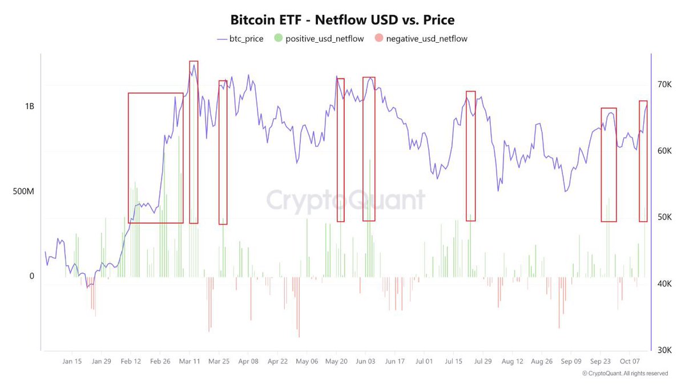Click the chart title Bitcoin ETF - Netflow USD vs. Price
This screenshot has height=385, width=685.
coord(342,20)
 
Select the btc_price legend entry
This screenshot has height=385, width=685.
coord(239,39)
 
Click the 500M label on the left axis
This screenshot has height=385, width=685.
coord(23,192)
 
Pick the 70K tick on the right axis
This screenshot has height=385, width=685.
coord(664,84)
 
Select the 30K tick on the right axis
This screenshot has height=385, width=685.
coord(664,350)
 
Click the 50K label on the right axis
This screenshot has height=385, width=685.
coord(664,217)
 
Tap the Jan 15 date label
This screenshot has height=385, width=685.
coord(72,361)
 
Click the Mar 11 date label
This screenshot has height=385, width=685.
coord(190,361)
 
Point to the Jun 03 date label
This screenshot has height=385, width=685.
coord(365,361)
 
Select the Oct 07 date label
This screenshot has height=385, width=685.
coord(630,361)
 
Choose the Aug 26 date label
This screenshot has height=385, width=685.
coord(542,361)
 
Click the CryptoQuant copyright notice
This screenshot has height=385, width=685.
coord(625,374)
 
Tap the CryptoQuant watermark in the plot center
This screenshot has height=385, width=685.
coord(346,201)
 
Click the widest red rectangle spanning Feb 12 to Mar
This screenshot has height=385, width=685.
coord(156,158)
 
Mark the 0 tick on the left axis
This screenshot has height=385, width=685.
coord(31,276)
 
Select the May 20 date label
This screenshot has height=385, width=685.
coord(336,361)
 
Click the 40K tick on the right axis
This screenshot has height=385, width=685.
coord(664,283)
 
